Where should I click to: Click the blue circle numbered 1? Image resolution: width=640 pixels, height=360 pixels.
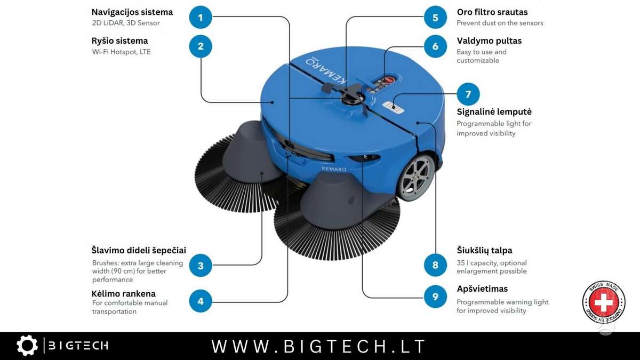pyautogui.click(x=201, y=18)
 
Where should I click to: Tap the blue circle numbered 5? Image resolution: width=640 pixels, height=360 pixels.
pyautogui.click(x=435, y=18)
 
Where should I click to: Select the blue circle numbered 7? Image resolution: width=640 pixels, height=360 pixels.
pyautogui.click(x=468, y=94)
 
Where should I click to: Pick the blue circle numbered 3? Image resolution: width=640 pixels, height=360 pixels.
pyautogui.click(x=201, y=266)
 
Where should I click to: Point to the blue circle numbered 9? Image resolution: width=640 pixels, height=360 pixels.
pyautogui.click(x=435, y=297)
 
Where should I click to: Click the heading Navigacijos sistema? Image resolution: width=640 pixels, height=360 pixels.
pyautogui.click(x=132, y=12)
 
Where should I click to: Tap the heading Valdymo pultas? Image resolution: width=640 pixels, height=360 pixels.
pyautogui.click(x=489, y=41)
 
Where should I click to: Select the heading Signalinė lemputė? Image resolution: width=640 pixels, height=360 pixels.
pyautogui.click(x=494, y=111)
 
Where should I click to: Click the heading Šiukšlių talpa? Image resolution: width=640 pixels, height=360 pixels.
pyautogui.click(x=484, y=250)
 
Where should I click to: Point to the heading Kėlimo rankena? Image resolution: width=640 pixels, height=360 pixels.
pyautogui.click(x=123, y=293)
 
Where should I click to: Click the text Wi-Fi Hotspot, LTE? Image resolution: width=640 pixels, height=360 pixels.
pyautogui.click(x=121, y=52)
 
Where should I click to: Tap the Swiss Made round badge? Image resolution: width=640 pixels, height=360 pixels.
pyautogui.click(x=604, y=302)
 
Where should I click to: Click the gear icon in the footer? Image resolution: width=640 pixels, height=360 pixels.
pyautogui.click(x=27, y=346)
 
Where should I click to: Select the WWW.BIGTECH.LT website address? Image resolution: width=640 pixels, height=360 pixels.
pyautogui.click(x=318, y=346)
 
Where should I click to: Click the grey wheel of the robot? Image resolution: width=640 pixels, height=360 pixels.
pyautogui.click(x=415, y=178)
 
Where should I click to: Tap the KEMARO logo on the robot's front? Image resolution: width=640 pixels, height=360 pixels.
pyautogui.click(x=334, y=169)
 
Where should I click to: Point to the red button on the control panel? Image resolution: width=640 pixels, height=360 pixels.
pyautogui.click(x=389, y=80)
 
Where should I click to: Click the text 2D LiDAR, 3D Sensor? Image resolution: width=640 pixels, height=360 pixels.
pyautogui.click(x=126, y=23)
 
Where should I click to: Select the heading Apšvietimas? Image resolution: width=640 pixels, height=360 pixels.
pyautogui.click(x=482, y=289)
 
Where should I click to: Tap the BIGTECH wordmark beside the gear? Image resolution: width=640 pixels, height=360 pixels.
pyautogui.click(x=78, y=346)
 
